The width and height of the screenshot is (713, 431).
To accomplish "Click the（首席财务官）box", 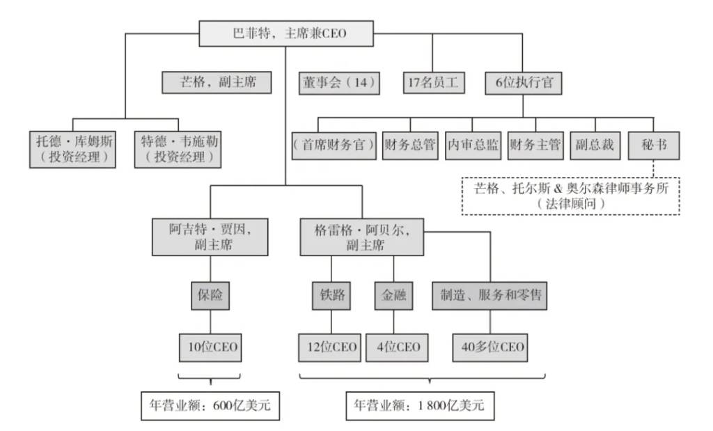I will tap(334, 146).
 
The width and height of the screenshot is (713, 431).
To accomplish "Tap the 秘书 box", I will tap(655, 146).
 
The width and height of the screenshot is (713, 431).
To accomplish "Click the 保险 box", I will tap(210, 296).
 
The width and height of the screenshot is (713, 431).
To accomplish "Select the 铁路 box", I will tap(331, 296).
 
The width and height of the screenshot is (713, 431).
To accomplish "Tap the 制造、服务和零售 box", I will tap(490, 296).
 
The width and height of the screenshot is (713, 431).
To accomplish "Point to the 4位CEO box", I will tap(394, 346).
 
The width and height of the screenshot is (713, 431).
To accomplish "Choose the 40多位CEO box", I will tap(490, 346).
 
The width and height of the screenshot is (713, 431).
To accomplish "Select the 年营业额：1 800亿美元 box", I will tap(421, 405).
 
